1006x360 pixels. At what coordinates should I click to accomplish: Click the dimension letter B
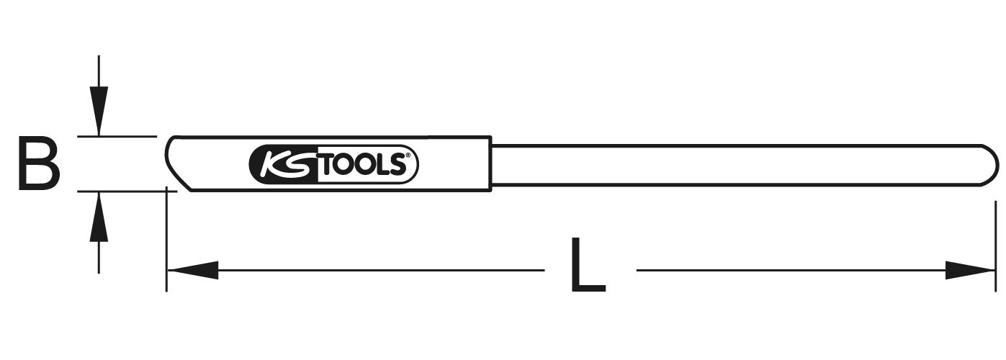(x=39, y=164)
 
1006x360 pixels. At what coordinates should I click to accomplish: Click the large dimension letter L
(x=588, y=265)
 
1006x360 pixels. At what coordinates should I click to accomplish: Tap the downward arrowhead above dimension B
(x=99, y=110)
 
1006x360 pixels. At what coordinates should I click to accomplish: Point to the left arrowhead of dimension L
(x=193, y=270)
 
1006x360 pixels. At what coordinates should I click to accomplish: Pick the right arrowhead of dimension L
(x=970, y=270)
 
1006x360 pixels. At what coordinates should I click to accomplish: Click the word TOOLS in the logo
(x=363, y=165)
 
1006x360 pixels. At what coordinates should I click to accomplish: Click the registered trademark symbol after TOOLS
(x=408, y=156)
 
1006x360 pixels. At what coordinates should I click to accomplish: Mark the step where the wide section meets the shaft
(x=491, y=164)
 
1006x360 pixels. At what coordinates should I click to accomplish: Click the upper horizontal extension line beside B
(x=117, y=135)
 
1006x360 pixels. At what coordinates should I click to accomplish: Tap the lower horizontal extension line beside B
(x=127, y=192)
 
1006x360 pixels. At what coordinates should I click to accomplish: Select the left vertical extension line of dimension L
(x=166, y=239)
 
